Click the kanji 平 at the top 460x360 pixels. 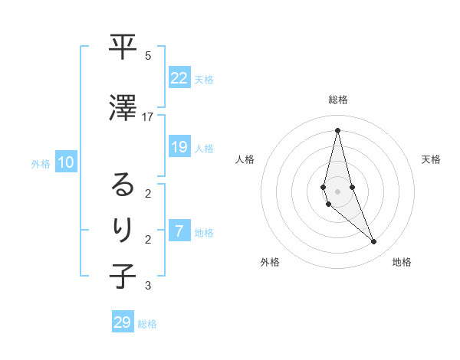123,47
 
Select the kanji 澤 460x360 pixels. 123,109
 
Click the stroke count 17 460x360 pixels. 148,116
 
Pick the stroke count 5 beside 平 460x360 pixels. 148,56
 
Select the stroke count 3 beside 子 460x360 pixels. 148,286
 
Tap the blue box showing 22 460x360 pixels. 179,77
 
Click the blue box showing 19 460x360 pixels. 179,147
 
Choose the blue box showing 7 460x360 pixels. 179,231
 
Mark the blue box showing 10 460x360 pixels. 66,162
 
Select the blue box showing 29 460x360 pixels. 123,322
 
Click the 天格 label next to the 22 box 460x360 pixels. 204,79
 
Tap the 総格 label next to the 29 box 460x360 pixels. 147,324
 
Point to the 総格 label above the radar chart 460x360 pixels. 337,100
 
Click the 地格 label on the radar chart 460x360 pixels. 402,262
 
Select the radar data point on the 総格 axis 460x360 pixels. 337,129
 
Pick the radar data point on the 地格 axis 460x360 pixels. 373,241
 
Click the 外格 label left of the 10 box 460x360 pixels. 41,163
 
